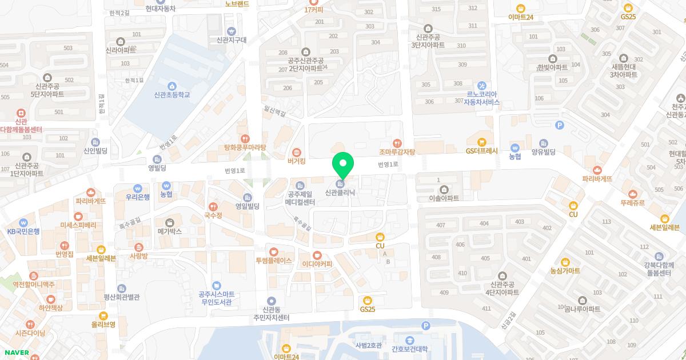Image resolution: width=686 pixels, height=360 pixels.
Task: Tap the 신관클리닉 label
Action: click(340, 193)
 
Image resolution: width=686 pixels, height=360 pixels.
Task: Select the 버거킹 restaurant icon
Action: click(296, 153)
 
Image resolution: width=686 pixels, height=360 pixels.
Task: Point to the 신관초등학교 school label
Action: click(171, 95)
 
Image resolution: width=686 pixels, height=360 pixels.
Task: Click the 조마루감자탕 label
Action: click(397, 152)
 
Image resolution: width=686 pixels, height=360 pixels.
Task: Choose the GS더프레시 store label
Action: click(482, 151)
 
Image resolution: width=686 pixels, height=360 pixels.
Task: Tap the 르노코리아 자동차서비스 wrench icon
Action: click(482, 85)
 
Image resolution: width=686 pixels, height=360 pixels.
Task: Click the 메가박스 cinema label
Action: click(170, 231)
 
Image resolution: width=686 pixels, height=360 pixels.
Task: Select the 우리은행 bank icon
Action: click(138, 188)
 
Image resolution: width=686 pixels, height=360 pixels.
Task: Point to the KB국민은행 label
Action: click(23, 231)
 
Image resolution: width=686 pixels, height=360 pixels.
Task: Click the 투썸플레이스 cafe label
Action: click(274, 261)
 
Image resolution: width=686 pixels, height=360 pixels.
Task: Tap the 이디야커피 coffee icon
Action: click(317, 255)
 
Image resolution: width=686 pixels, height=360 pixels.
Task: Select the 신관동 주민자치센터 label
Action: click(272, 314)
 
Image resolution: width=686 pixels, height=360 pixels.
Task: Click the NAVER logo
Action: click(16, 353)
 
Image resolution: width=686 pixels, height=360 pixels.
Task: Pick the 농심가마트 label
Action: click(565, 270)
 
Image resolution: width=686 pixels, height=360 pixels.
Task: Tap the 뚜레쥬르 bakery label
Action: click(632, 203)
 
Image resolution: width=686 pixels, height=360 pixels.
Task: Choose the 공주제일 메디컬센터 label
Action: click(301, 198)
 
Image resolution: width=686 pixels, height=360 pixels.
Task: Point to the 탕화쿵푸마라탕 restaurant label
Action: click(245, 147)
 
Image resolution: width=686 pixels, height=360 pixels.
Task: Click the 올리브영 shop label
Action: click(103, 324)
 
